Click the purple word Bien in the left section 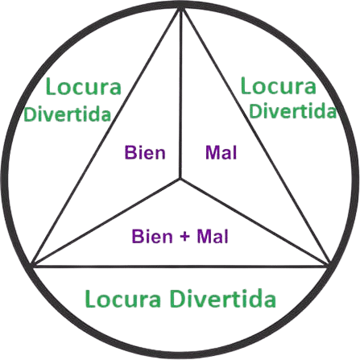pyautogui.click(x=145, y=152)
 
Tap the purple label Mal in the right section pyautogui.click(x=221, y=152)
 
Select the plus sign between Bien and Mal pyautogui.click(x=184, y=237)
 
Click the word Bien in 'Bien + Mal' pyautogui.click(x=152, y=236)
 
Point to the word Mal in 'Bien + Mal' pyautogui.click(x=213, y=236)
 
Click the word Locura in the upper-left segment pyautogui.click(x=84, y=86)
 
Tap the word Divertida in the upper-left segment pyautogui.click(x=68, y=114)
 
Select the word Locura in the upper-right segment pyautogui.click(x=279, y=85)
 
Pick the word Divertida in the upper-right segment pyautogui.click(x=292, y=110)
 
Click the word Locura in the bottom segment pyautogui.click(x=123, y=299)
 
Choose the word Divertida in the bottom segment pyautogui.click(x=223, y=298)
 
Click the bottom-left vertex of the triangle pyautogui.click(x=33, y=267)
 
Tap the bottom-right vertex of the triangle pyautogui.click(x=328, y=266)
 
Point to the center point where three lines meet pyautogui.click(x=180, y=178)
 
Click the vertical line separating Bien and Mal pyautogui.click(x=181, y=93)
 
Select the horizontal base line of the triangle pyautogui.click(x=180, y=267)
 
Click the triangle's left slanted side pyautogui.click(x=107, y=138)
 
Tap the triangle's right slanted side pyautogui.click(x=255, y=137)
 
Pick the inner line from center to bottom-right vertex pyautogui.click(x=254, y=222)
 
